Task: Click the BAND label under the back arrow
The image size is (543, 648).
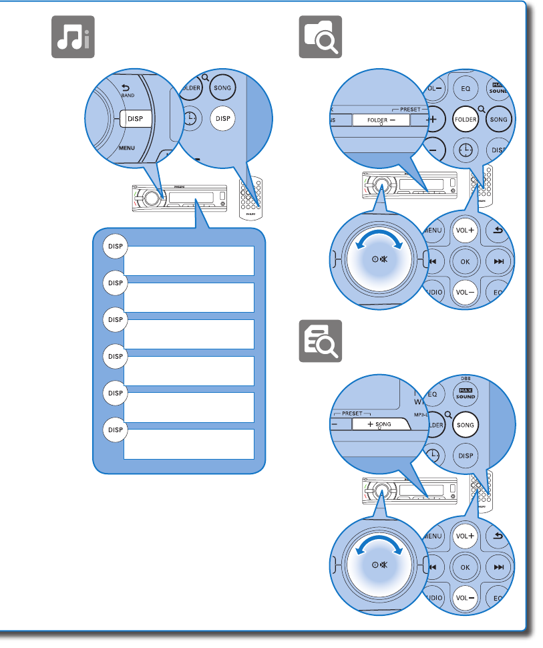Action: pyautogui.click(x=128, y=96)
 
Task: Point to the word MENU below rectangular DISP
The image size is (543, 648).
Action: pyautogui.click(x=127, y=147)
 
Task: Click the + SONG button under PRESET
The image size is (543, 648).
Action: pyautogui.click(x=378, y=424)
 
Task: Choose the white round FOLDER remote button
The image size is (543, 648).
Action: pyautogui.click(x=466, y=120)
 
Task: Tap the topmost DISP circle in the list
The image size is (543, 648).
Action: pyautogui.click(x=115, y=247)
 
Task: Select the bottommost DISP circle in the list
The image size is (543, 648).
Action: pyautogui.click(x=115, y=430)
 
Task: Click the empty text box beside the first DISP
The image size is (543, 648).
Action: pyautogui.click(x=189, y=261)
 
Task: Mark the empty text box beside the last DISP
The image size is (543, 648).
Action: pyautogui.click(x=189, y=444)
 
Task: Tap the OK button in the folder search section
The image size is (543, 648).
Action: pyautogui.click(x=466, y=261)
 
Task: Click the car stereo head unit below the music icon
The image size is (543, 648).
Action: pyautogui.click(x=180, y=198)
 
